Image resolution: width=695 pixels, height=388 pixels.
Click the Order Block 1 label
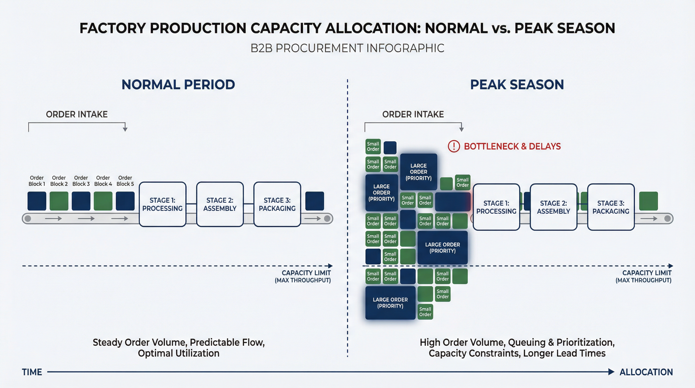(x=37, y=181)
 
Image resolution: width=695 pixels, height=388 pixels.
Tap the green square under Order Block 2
(x=59, y=201)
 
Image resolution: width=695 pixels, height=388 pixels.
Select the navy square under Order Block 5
(x=125, y=201)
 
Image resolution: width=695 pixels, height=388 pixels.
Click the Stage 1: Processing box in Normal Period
(x=162, y=204)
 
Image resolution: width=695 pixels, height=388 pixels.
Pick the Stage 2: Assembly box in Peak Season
(x=553, y=207)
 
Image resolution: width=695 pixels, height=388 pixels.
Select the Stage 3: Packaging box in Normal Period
(x=277, y=204)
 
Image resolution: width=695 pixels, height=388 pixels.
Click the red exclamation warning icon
(x=454, y=146)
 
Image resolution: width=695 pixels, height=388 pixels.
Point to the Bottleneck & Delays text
(x=512, y=146)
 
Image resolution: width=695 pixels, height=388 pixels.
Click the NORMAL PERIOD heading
(x=178, y=84)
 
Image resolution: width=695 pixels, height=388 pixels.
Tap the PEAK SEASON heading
(x=517, y=84)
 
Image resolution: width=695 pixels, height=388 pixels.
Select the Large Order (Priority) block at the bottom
(x=390, y=303)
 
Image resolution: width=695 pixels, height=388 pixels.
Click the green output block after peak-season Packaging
(x=648, y=201)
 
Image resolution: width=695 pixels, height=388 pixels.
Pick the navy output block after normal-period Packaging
(x=314, y=201)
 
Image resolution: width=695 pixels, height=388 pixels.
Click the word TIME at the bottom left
(x=32, y=372)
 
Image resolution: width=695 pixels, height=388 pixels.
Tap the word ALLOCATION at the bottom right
(x=646, y=372)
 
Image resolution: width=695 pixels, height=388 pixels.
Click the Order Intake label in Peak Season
(x=413, y=114)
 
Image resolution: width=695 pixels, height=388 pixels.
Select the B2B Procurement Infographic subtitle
(x=347, y=48)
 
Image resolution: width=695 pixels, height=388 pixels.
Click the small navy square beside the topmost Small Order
(x=390, y=148)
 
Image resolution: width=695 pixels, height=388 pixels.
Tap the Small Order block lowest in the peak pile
(x=425, y=312)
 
